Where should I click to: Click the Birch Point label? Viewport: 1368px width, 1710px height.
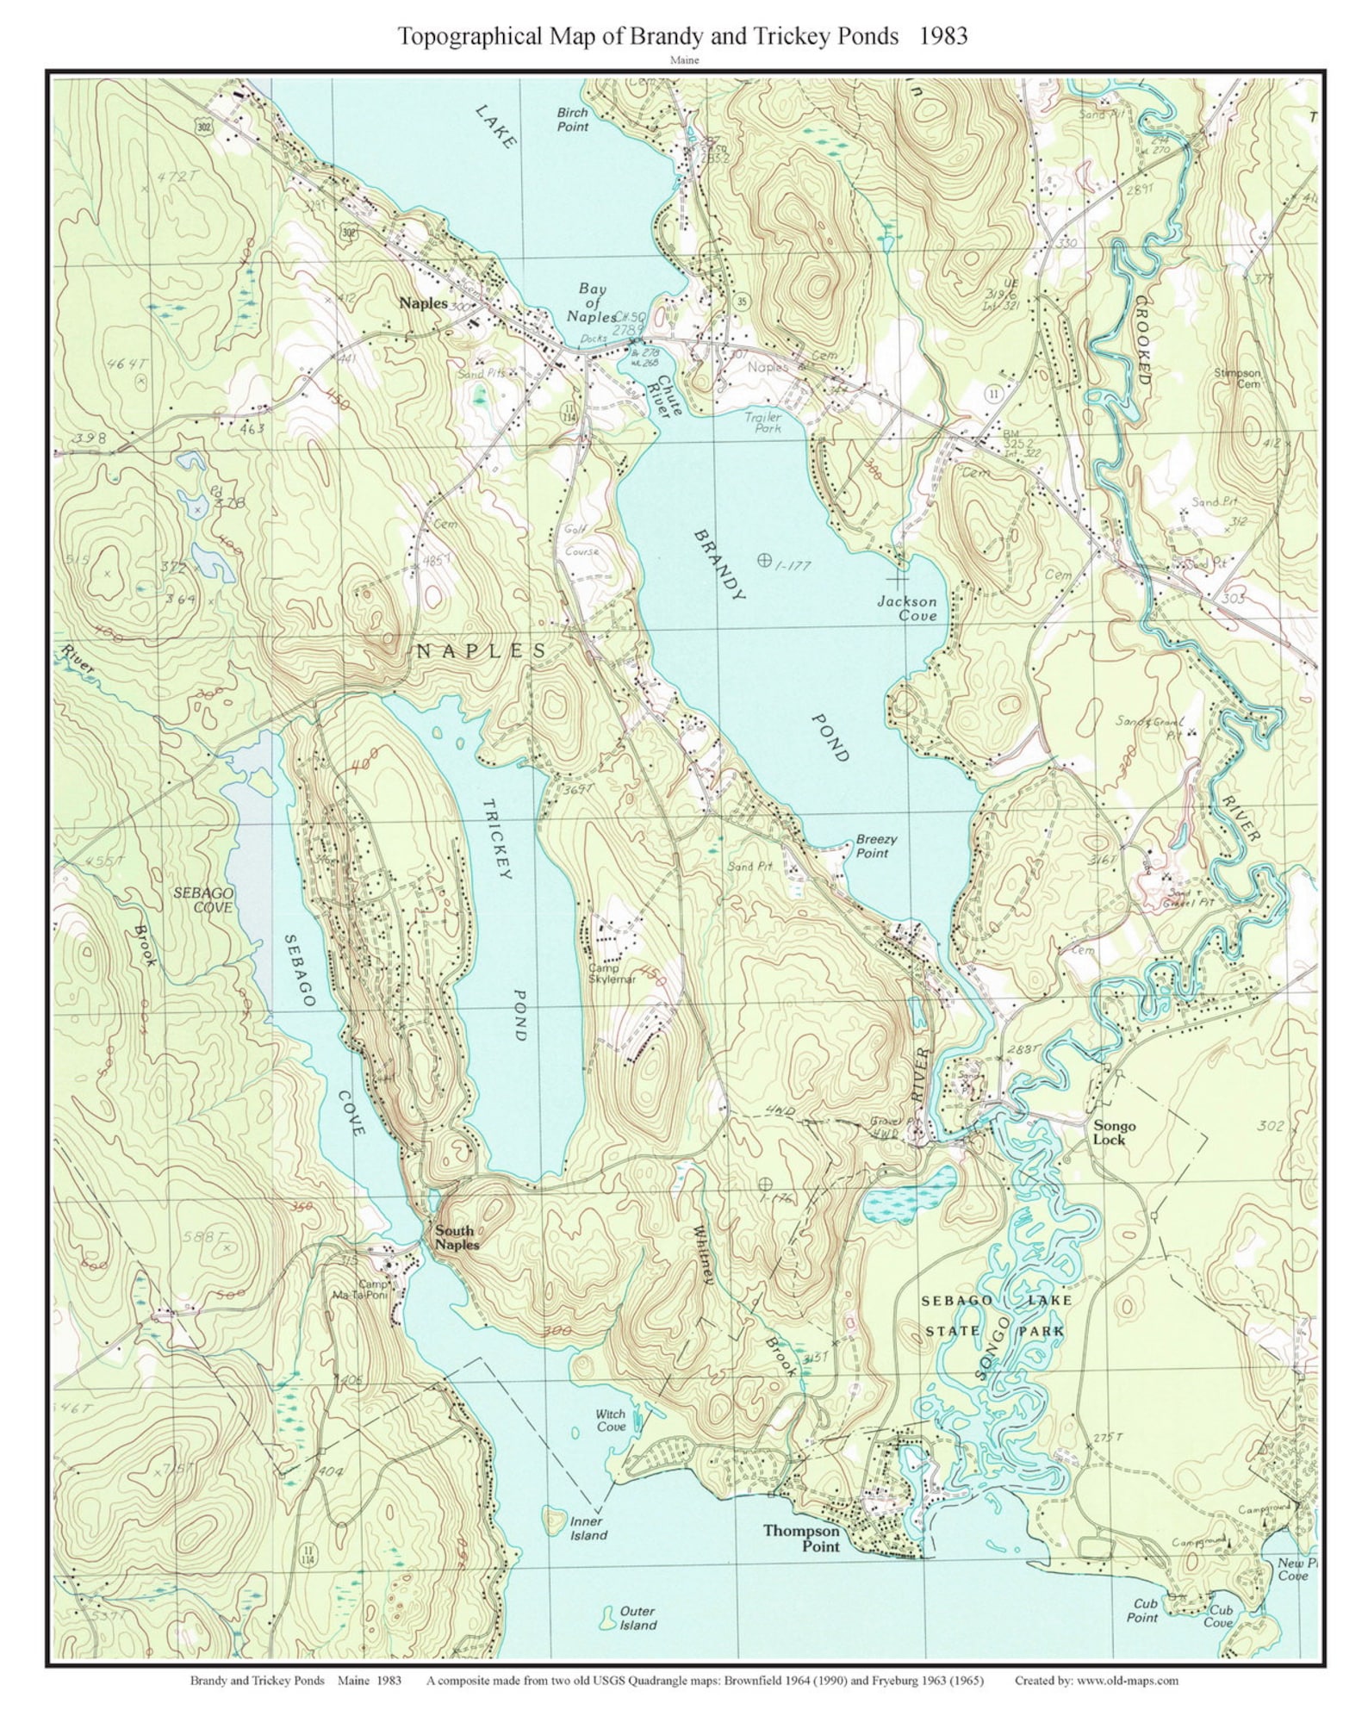[572, 119]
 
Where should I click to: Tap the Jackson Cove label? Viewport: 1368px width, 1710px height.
[906, 608]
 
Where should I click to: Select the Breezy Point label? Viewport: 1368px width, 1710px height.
[876, 846]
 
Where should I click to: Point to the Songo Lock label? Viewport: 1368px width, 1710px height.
[1114, 1132]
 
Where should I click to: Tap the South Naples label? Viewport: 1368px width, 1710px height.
[456, 1237]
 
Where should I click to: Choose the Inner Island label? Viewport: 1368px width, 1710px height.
[588, 1528]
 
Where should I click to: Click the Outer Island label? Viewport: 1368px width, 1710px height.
[637, 1618]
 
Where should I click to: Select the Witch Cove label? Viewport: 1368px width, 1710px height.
[611, 1421]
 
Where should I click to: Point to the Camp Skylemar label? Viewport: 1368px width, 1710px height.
[611, 973]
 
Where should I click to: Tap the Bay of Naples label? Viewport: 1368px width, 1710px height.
[592, 302]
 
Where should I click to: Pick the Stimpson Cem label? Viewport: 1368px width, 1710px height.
[1237, 378]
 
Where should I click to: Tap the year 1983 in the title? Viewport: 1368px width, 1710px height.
[942, 35]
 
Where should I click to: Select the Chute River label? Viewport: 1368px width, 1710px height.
[668, 396]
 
